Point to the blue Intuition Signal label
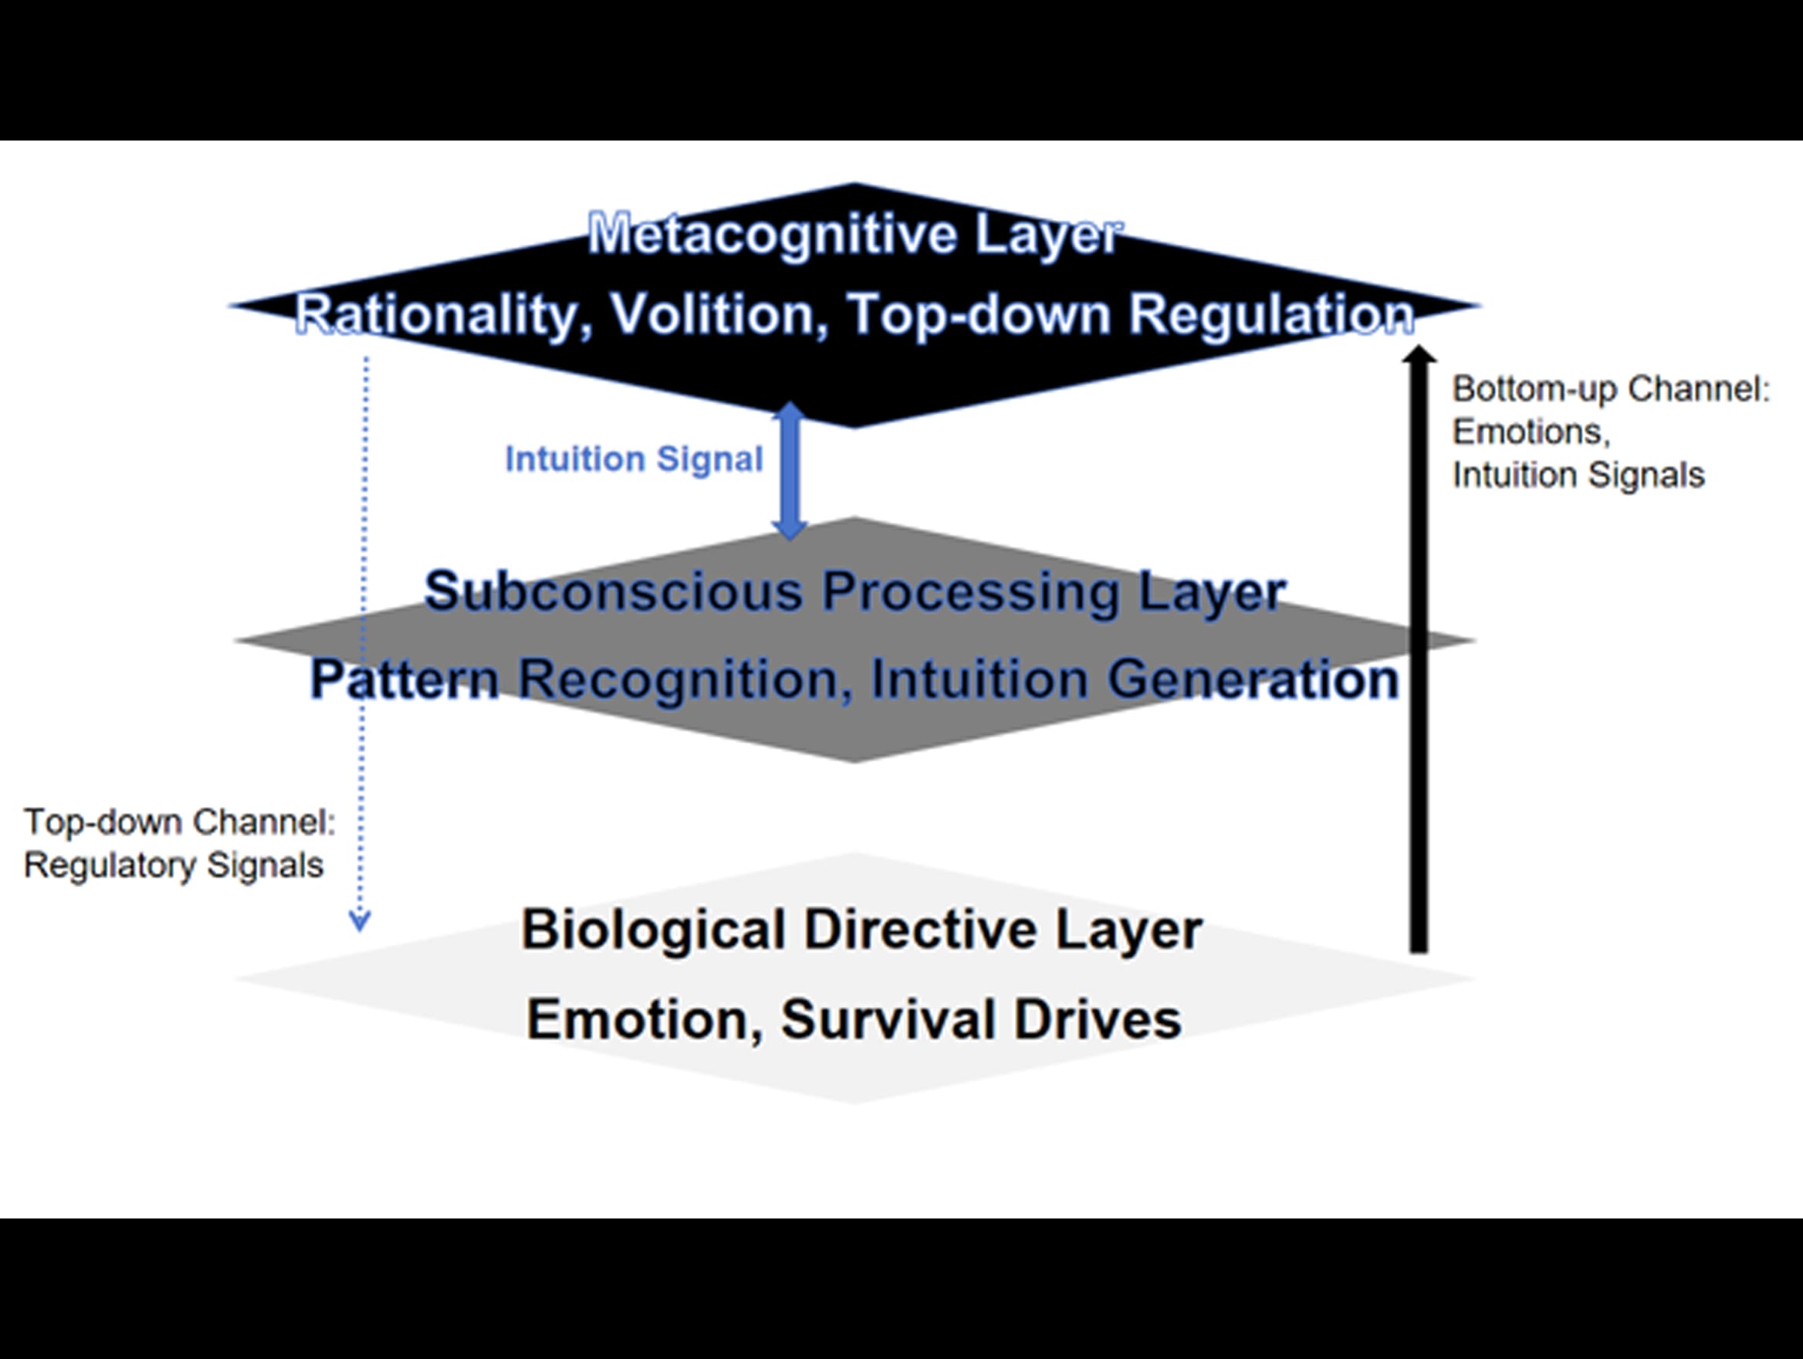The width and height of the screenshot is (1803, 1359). (x=634, y=459)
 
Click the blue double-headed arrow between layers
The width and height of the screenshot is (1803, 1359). (x=789, y=470)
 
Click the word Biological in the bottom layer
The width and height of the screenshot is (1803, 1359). (x=654, y=930)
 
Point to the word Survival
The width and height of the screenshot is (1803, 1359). (x=890, y=1019)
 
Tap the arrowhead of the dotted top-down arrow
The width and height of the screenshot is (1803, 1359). (x=360, y=921)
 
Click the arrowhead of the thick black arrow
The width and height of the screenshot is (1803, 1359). (x=1419, y=355)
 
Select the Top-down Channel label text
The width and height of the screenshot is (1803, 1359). (x=179, y=822)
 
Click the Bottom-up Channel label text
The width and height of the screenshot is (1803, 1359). (x=1611, y=389)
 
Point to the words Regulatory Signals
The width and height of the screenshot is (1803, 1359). (x=174, y=865)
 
